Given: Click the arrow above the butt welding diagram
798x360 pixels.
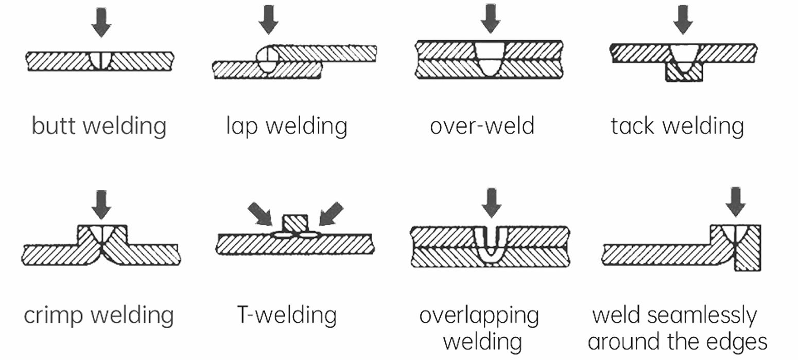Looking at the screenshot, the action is pos(101,23).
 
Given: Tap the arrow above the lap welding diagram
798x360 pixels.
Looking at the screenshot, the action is pos(268,20).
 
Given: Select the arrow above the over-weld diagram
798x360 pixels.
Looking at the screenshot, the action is pos(491,19).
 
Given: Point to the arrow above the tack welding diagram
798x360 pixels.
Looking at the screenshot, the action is pos(683,20).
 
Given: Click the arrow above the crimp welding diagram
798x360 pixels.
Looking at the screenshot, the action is pos(101,205).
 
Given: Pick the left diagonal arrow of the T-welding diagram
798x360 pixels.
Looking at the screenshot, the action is pos(260,214).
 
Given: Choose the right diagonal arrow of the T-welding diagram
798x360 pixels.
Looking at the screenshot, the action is pos(331,214).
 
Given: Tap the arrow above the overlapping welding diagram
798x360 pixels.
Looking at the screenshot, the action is pos(492,203).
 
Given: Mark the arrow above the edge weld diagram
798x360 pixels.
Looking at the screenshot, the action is pos(736,202).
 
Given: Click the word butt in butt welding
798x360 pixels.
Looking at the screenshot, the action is pos(54,126).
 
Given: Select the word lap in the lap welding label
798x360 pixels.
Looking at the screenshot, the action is pos(242,126).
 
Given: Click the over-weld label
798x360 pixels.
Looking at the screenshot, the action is pos(482,126).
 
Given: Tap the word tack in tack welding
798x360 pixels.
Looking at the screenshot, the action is pos(632,126).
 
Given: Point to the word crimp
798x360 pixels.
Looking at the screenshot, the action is pos(53,316).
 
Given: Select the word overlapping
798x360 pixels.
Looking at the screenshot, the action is pos(479,316).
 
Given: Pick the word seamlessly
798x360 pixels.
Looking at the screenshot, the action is pos(702,316).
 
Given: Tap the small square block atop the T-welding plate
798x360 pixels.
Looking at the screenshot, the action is pos(296,224).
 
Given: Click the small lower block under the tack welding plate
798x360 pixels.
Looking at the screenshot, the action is pos(684,72).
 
